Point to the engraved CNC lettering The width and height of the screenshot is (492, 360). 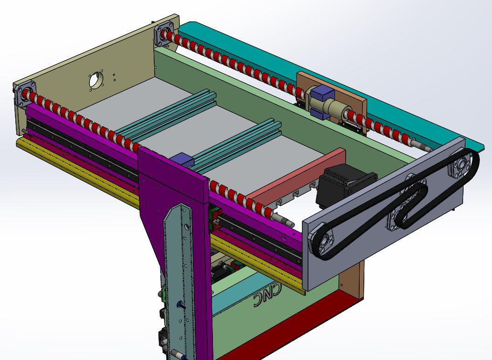[268, 295]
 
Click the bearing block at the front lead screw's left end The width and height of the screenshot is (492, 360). [25, 94]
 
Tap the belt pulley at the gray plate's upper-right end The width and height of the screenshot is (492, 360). [461, 165]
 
